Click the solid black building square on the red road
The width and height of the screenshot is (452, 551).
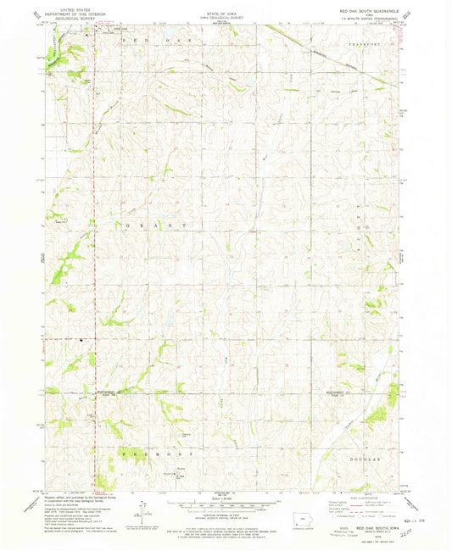coord(82,342)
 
